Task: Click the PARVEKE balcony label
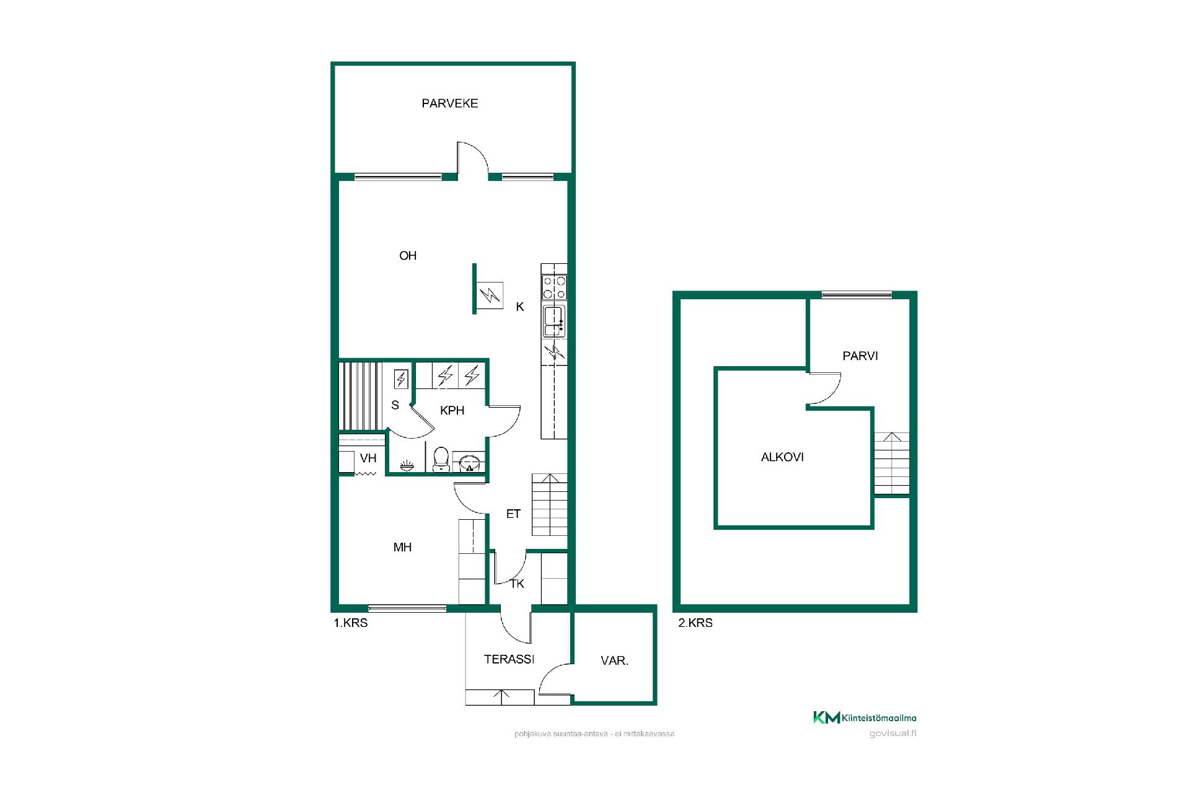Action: pos(450,103)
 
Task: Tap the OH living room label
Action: pos(408,255)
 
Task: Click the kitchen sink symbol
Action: pos(554,320)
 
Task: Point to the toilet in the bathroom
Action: pos(441,459)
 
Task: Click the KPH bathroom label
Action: pos(452,410)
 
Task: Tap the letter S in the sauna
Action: pos(395,405)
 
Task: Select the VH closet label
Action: pos(368,458)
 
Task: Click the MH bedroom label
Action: pos(402,547)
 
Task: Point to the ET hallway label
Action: pos(513,514)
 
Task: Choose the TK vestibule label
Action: pos(517,584)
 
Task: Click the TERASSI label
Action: pos(509,659)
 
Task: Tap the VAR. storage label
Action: pos(614,661)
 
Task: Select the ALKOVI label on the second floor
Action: pos(782,457)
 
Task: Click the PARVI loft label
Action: pos(860,356)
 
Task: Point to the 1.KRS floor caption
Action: pos(351,623)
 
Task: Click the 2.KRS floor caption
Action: pos(695,623)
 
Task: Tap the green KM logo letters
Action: pos(827,717)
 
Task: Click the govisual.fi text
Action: pos(892,734)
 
